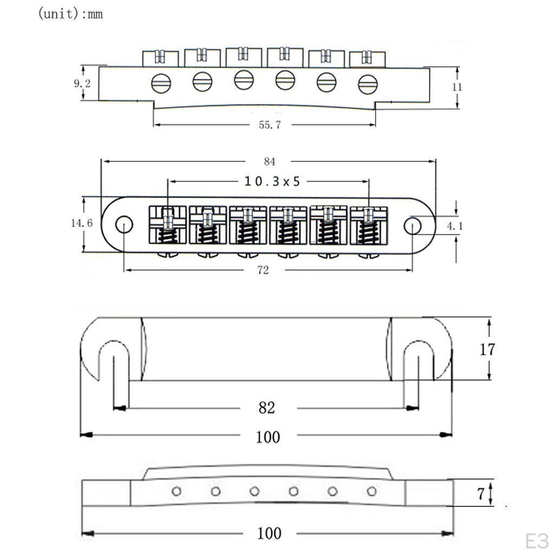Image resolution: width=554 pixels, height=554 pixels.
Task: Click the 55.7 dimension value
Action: pos(270,125)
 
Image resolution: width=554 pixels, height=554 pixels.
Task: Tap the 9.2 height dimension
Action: pos(82,84)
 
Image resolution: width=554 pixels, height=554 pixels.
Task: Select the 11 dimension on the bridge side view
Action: pos(457,87)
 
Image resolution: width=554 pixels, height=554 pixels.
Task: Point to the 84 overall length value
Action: pos(269,161)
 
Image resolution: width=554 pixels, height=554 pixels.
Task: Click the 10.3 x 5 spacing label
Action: pos(272,182)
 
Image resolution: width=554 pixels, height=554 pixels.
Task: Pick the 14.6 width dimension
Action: pos(82,223)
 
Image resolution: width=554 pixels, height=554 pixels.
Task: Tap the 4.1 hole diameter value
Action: pos(454,226)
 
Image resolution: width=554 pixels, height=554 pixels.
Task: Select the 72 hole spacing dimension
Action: pos(263,270)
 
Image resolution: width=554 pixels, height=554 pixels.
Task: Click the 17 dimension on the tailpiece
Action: pos(487,349)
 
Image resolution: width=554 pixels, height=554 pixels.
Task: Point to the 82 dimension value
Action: pos(267,408)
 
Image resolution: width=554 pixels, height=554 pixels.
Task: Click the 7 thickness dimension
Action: pos(480,493)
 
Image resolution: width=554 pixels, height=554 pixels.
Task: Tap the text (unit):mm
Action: pos(70,14)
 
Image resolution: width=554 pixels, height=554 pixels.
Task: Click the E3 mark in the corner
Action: pos(536,540)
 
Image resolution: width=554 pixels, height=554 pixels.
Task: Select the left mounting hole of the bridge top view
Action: pos(124,225)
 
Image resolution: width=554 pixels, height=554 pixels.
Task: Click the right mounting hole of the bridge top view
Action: pos(413,225)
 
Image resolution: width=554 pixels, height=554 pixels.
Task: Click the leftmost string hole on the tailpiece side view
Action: pos(176,491)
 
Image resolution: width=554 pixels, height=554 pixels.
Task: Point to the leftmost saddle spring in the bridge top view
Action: pos(168,234)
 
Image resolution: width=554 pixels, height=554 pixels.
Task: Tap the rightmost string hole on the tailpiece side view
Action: pos(371,491)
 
